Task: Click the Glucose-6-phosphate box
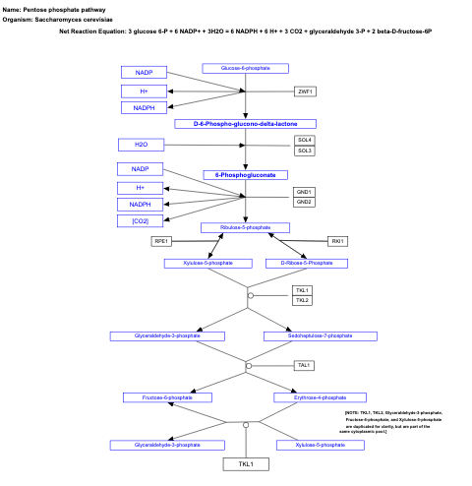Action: (245, 68)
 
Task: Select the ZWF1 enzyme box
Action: (305, 91)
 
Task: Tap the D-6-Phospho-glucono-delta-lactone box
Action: (246, 124)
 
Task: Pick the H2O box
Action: (142, 145)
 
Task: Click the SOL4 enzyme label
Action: (305, 140)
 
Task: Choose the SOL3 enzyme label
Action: (305, 151)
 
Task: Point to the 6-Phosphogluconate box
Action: (245, 175)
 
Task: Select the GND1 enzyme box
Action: (305, 191)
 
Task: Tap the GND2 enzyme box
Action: (305, 202)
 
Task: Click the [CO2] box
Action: (141, 220)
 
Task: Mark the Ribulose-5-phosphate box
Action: (246, 227)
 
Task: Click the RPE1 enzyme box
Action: (161, 241)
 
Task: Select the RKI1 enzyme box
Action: (338, 241)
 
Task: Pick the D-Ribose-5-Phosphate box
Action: (307, 264)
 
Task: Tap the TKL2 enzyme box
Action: (302, 300)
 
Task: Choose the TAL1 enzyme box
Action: (304, 366)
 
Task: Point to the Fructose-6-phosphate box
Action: (167, 397)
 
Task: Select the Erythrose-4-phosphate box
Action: (320, 397)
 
